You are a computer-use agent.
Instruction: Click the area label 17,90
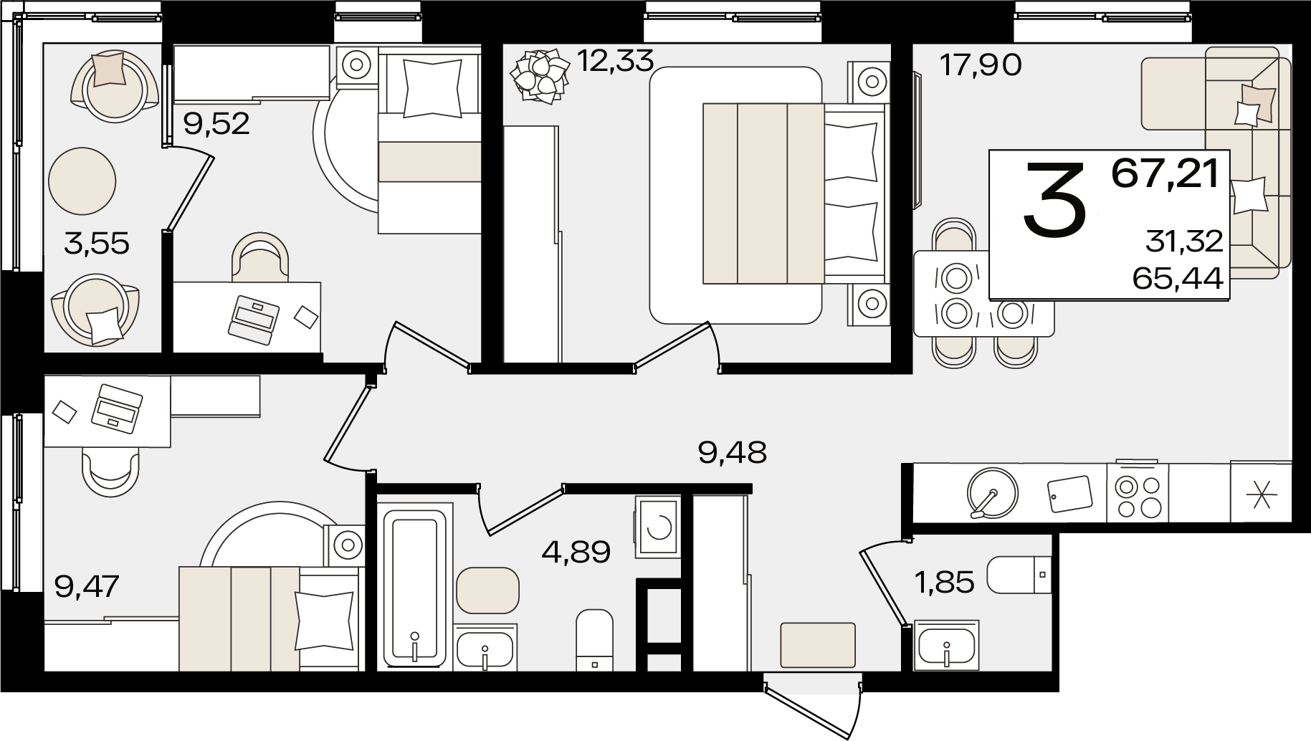[x=980, y=66]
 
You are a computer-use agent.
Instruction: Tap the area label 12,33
[x=615, y=61]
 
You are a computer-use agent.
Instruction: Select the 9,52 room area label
[x=216, y=125]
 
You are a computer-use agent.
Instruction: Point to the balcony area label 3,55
[x=96, y=244]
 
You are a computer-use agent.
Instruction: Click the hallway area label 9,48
[x=732, y=452]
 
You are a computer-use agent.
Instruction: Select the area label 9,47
[x=86, y=586]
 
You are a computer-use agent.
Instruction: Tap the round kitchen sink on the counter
[x=992, y=492]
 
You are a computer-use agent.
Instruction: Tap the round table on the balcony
[x=82, y=181]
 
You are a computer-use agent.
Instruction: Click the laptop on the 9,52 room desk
[x=252, y=316]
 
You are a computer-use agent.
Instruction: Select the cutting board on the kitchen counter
[x=1070, y=493]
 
